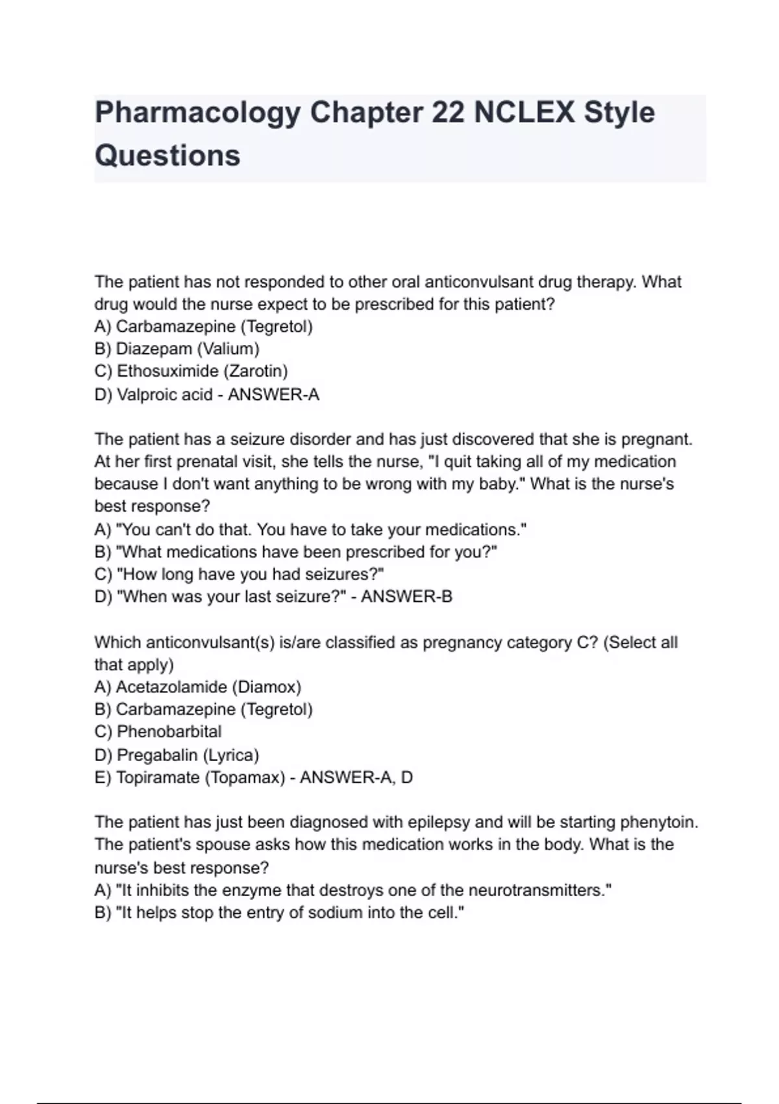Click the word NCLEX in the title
coord(523,113)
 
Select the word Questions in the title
coord(167,156)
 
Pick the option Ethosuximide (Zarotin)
coord(191,371)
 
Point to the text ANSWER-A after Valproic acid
coord(273,395)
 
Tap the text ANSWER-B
coord(406,597)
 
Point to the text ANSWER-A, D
coord(356,777)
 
